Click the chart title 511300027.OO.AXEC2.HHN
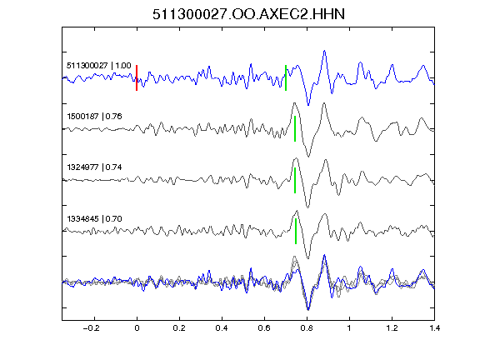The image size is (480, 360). (248, 14)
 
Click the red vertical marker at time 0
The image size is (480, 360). (137, 77)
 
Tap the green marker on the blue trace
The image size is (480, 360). (286, 77)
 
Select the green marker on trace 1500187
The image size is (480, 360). (295, 128)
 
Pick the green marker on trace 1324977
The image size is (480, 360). (295, 180)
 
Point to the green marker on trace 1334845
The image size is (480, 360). (296, 231)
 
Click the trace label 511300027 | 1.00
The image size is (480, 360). (99, 66)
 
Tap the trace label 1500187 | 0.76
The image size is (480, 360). (94, 117)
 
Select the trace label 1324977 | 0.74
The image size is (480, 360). (94, 167)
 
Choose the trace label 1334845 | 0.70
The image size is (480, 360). (94, 219)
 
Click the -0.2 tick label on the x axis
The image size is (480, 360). (91, 328)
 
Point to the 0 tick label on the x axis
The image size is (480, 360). (137, 328)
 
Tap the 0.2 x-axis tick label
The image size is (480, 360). (179, 328)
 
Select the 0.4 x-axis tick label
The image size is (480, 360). (222, 328)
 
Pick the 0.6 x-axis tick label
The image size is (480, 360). (264, 328)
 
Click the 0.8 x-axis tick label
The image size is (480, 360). (307, 328)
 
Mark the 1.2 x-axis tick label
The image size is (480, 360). (392, 328)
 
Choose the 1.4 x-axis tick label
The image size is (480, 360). (434, 328)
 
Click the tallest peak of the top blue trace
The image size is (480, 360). (324, 51)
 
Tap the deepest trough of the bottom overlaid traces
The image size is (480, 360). (308, 309)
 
